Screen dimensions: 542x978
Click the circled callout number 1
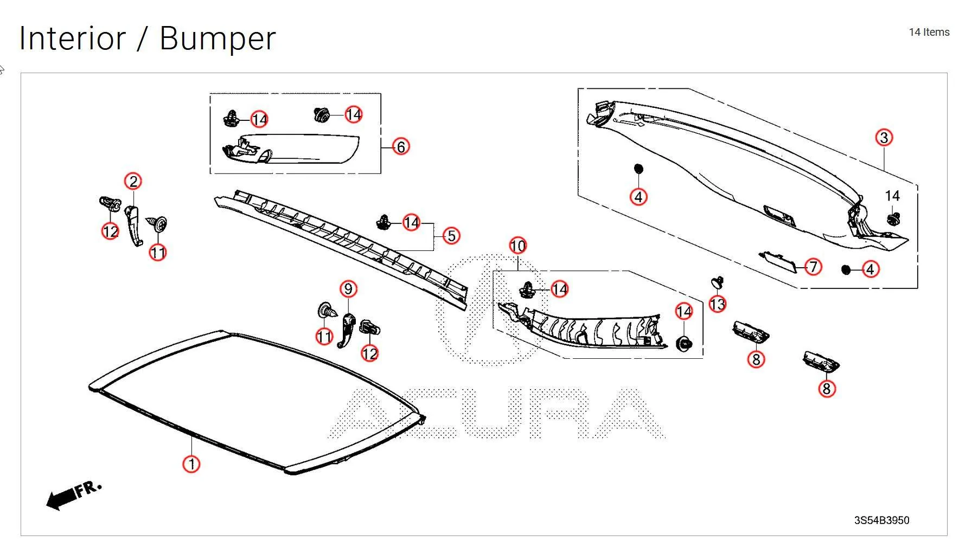tap(191, 464)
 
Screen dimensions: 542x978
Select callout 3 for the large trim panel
tap(884, 138)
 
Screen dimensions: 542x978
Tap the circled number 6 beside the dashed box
tap(401, 146)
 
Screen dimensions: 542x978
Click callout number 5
tap(451, 236)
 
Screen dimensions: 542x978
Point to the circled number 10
tap(517, 246)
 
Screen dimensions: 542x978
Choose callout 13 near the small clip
tap(717, 305)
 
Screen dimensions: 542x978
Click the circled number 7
tap(813, 267)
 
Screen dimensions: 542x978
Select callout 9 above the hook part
tap(348, 289)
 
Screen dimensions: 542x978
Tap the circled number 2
tap(133, 181)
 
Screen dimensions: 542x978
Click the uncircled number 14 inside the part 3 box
tap(892, 196)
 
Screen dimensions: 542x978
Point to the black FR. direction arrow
tap(62, 498)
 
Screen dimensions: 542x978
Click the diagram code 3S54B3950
tap(881, 520)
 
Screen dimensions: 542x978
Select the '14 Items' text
tap(929, 32)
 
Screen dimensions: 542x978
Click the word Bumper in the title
tap(218, 38)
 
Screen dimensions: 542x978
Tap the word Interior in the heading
tap(72, 38)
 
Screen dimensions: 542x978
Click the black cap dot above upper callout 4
tap(638, 169)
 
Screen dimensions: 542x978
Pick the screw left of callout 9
tap(327, 311)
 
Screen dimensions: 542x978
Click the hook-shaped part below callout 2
tap(133, 225)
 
